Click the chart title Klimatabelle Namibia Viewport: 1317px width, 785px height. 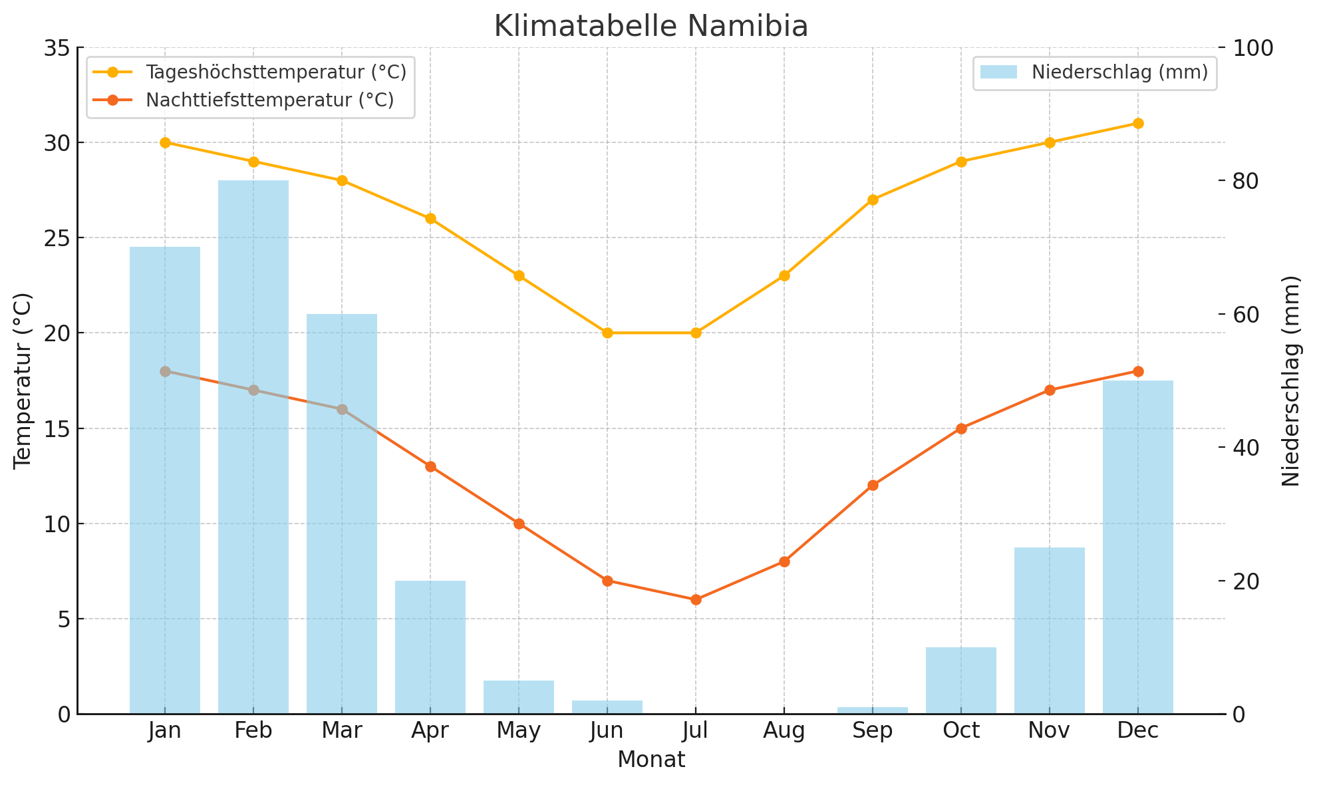[651, 27]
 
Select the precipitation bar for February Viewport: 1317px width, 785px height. [253, 446]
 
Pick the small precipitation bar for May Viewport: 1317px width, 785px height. [519, 697]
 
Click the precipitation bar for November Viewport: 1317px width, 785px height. [1049, 630]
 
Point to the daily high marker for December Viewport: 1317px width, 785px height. [1137, 123]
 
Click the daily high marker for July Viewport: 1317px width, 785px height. [696, 333]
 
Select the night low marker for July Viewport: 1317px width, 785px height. [696, 599]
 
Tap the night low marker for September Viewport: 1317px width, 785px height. [873, 485]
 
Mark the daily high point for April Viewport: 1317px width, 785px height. [430, 218]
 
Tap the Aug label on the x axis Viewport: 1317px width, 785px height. [784, 731]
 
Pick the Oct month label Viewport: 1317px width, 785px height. [961, 731]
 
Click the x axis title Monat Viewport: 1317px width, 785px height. [651, 760]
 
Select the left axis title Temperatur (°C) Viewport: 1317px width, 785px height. [23, 381]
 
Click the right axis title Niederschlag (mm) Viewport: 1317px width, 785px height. [1290, 381]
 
